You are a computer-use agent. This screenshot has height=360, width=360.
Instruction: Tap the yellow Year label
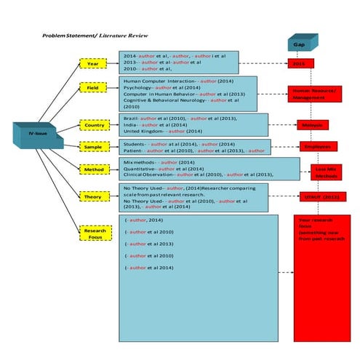click(92, 63)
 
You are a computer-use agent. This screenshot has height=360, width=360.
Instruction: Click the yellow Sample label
click(92, 146)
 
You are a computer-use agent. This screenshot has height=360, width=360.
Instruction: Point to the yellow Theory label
click(92, 196)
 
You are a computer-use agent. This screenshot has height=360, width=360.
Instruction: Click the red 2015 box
click(300, 64)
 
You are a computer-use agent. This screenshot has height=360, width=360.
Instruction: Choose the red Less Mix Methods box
click(324, 172)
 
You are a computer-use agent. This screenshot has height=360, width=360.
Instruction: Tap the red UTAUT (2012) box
click(320, 196)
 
